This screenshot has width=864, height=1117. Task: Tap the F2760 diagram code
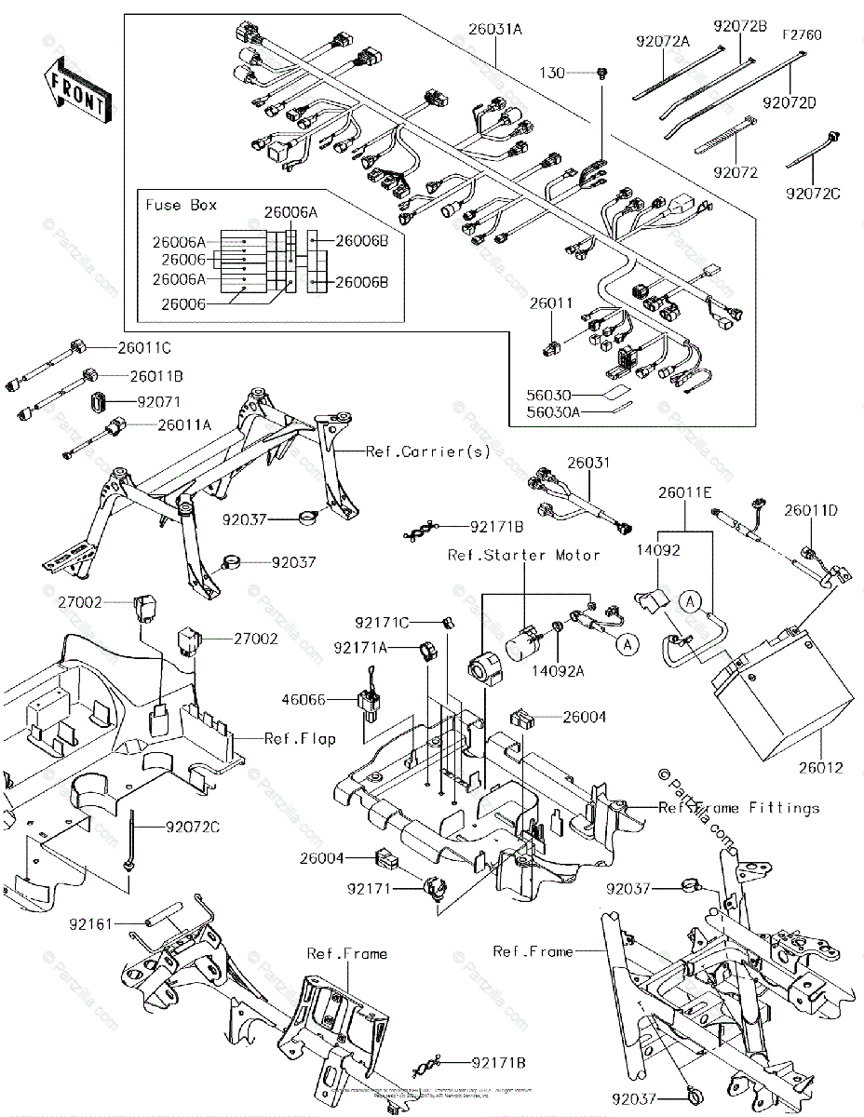click(x=802, y=34)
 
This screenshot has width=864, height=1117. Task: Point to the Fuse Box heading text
click(x=179, y=203)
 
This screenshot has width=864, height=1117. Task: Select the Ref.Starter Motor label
click(x=522, y=556)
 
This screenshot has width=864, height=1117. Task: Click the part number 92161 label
click(x=90, y=924)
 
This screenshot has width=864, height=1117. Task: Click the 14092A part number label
click(x=579, y=667)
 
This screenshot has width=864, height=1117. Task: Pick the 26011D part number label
click(x=810, y=510)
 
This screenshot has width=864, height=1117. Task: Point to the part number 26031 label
click(x=587, y=462)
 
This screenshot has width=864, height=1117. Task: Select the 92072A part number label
click(x=664, y=42)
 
